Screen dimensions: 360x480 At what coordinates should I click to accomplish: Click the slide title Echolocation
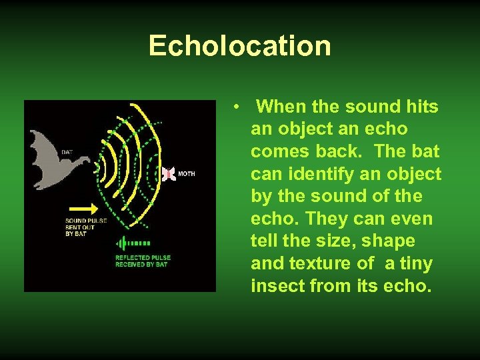[x=239, y=46]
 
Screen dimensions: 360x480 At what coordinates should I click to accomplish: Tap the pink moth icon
[x=169, y=174]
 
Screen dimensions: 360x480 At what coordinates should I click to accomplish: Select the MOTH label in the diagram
[x=187, y=174]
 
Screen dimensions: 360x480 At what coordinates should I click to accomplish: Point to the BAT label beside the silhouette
[x=67, y=152]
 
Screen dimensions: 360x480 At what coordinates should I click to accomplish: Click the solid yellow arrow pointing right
[x=84, y=209]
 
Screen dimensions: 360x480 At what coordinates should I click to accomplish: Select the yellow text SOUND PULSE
[x=86, y=221]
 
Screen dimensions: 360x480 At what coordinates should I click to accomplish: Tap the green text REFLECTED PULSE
[x=143, y=257]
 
